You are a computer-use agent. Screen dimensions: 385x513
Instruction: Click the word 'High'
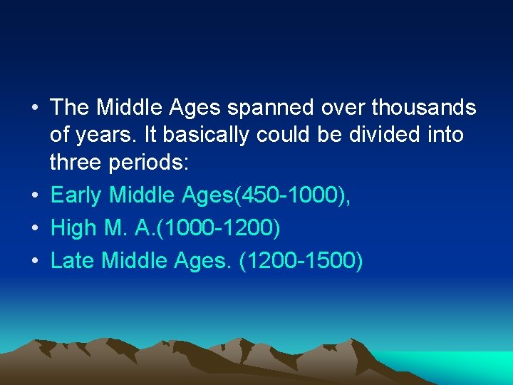tap(73, 228)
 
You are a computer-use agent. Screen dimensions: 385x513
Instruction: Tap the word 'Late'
tap(73, 261)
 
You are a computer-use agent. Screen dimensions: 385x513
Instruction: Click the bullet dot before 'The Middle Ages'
tap(35, 108)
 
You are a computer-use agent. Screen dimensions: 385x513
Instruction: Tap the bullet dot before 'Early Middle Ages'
tap(35, 195)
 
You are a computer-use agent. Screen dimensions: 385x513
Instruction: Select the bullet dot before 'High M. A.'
tap(35, 229)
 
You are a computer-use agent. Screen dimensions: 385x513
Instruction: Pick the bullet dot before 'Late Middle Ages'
tap(35, 262)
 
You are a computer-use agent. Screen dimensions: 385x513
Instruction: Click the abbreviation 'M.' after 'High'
tap(113, 228)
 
